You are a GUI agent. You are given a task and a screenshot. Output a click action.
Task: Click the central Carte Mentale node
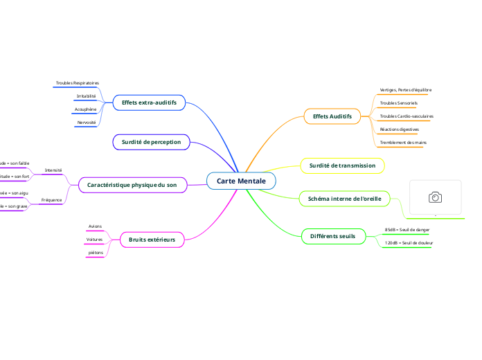coord(241,181)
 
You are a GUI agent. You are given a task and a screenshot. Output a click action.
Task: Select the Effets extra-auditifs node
coord(149,102)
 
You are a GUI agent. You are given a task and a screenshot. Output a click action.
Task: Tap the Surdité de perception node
coord(151,142)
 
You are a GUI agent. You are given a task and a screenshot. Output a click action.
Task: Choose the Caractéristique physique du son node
coord(132,185)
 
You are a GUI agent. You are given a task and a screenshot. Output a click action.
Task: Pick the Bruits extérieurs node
coord(152,240)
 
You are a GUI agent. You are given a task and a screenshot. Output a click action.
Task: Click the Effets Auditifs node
coord(332,116)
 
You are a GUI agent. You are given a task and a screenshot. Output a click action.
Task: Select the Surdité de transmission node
coord(342,165)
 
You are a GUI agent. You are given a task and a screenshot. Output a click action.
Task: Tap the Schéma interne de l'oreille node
coord(344,199)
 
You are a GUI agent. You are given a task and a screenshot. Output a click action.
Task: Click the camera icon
coord(436,197)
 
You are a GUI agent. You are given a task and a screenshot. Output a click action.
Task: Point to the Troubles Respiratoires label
coord(78,83)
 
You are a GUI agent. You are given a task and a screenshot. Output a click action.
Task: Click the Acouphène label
coord(87,109)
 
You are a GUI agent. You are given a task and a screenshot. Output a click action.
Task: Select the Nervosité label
coord(87,122)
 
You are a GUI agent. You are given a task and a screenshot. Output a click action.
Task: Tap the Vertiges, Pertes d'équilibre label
coord(406,90)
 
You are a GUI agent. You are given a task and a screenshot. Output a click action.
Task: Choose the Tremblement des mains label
coord(402,142)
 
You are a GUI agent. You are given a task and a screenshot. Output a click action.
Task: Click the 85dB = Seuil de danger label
coord(407,229)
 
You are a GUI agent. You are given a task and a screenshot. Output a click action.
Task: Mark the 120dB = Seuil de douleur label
coord(407,243)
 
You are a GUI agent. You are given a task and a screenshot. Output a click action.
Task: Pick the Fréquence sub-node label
coord(53,199)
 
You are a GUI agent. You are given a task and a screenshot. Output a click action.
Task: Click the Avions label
coord(96,226)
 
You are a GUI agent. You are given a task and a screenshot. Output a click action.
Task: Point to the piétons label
coord(96,253)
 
